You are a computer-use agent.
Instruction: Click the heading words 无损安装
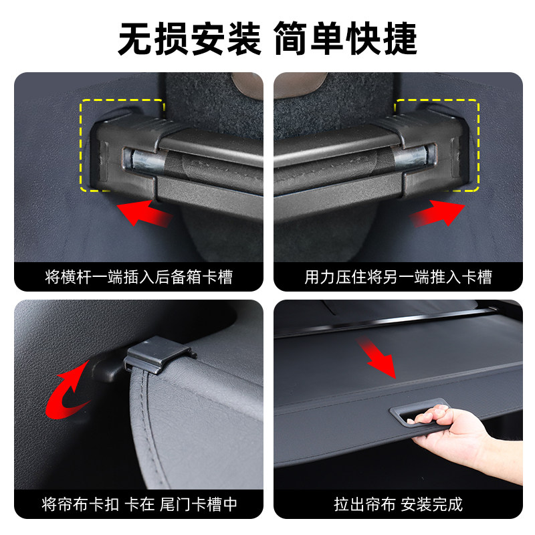[189, 39]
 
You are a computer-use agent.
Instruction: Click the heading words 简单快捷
[346, 39]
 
